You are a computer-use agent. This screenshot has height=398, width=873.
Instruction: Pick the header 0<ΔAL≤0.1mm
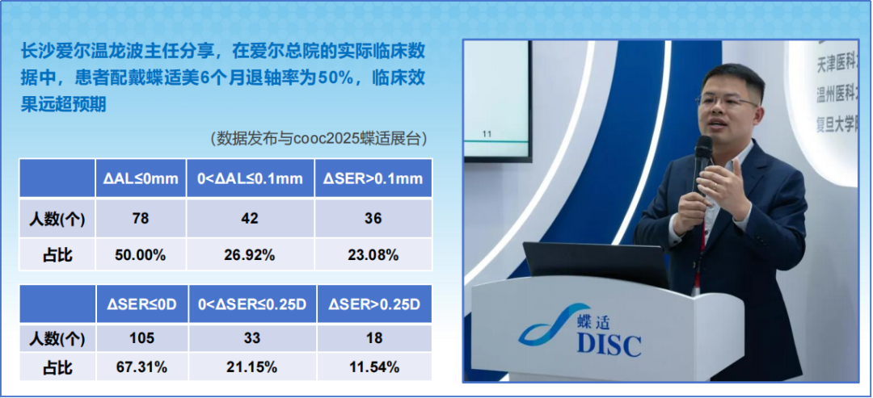(251, 178)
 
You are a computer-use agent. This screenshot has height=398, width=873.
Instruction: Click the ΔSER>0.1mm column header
(373, 178)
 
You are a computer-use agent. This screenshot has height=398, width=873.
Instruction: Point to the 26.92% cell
(251, 255)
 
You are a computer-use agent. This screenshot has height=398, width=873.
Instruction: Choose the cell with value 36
(373, 218)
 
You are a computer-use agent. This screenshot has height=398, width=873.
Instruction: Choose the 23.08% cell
(373, 255)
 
